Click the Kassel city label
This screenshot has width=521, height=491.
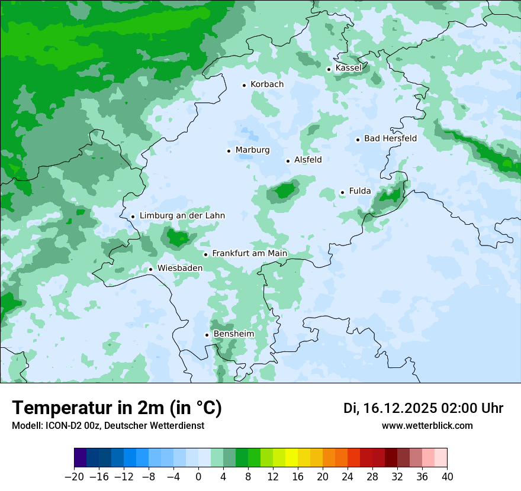(348, 68)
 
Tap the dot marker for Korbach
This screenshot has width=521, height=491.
(244, 85)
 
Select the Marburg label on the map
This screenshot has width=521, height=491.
(252, 150)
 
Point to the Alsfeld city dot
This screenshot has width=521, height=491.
(288, 161)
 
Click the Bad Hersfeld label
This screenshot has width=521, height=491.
(390, 138)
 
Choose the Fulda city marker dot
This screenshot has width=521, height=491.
(342, 192)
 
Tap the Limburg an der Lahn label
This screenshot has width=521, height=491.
(182, 216)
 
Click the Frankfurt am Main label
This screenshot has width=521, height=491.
(249, 253)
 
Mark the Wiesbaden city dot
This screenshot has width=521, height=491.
(151, 269)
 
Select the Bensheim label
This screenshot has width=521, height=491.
(233, 334)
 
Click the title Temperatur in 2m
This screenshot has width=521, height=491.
(117, 408)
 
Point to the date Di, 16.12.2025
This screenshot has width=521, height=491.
(390, 408)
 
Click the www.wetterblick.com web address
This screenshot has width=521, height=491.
(427, 425)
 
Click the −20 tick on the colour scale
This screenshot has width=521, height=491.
(75, 476)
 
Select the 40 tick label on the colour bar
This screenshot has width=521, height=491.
(447, 476)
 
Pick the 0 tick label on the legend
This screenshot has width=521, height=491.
(198, 476)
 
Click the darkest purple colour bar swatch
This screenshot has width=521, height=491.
(81, 458)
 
